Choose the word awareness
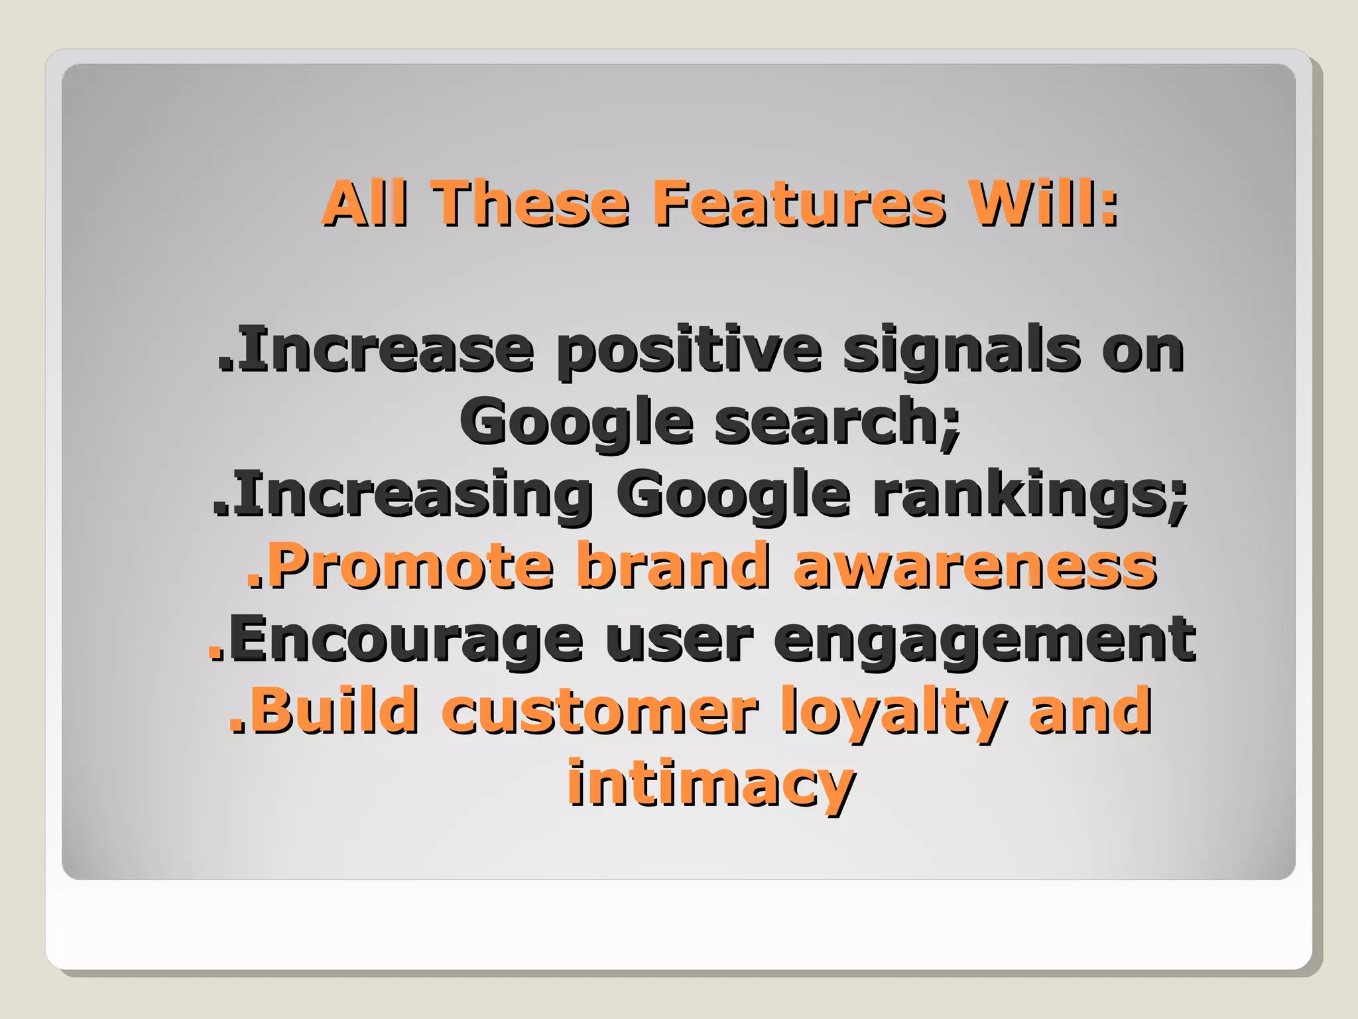tap(975, 567)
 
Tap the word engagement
tap(985, 641)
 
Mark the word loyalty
tap(892, 713)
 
